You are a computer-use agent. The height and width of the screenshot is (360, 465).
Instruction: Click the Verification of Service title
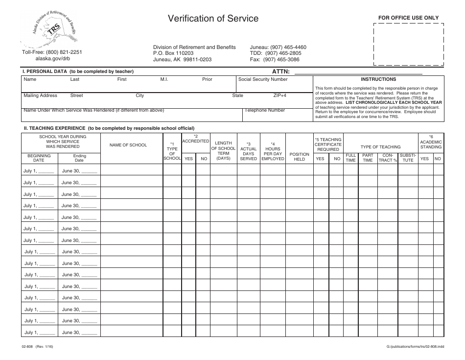point(213,19)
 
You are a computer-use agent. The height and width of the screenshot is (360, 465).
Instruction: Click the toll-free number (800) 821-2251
point(52,52)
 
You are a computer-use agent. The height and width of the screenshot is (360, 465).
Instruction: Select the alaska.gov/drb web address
point(52,58)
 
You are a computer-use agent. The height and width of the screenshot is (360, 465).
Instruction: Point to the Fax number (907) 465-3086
point(275,60)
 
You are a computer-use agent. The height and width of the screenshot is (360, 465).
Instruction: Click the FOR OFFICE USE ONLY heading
point(408,18)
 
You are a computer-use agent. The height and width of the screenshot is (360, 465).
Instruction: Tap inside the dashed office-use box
point(408,44)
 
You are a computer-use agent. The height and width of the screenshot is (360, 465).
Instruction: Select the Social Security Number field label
point(263,79)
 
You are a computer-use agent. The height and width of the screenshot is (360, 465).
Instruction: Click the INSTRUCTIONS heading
point(378,79)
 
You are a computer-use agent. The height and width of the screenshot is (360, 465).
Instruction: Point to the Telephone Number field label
point(264,110)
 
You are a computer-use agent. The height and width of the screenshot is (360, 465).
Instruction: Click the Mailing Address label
point(41,96)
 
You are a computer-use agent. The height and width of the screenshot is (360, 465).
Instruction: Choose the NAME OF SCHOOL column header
point(128,145)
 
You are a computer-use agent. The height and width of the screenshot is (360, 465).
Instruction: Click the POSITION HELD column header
point(299,157)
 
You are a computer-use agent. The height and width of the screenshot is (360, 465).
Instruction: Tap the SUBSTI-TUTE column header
point(408,158)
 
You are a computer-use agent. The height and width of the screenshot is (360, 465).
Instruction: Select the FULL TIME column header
point(350,158)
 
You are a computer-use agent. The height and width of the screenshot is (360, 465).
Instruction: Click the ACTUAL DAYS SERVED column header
point(248,154)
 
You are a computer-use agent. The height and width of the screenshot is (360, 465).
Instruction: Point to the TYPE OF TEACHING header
point(380,147)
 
